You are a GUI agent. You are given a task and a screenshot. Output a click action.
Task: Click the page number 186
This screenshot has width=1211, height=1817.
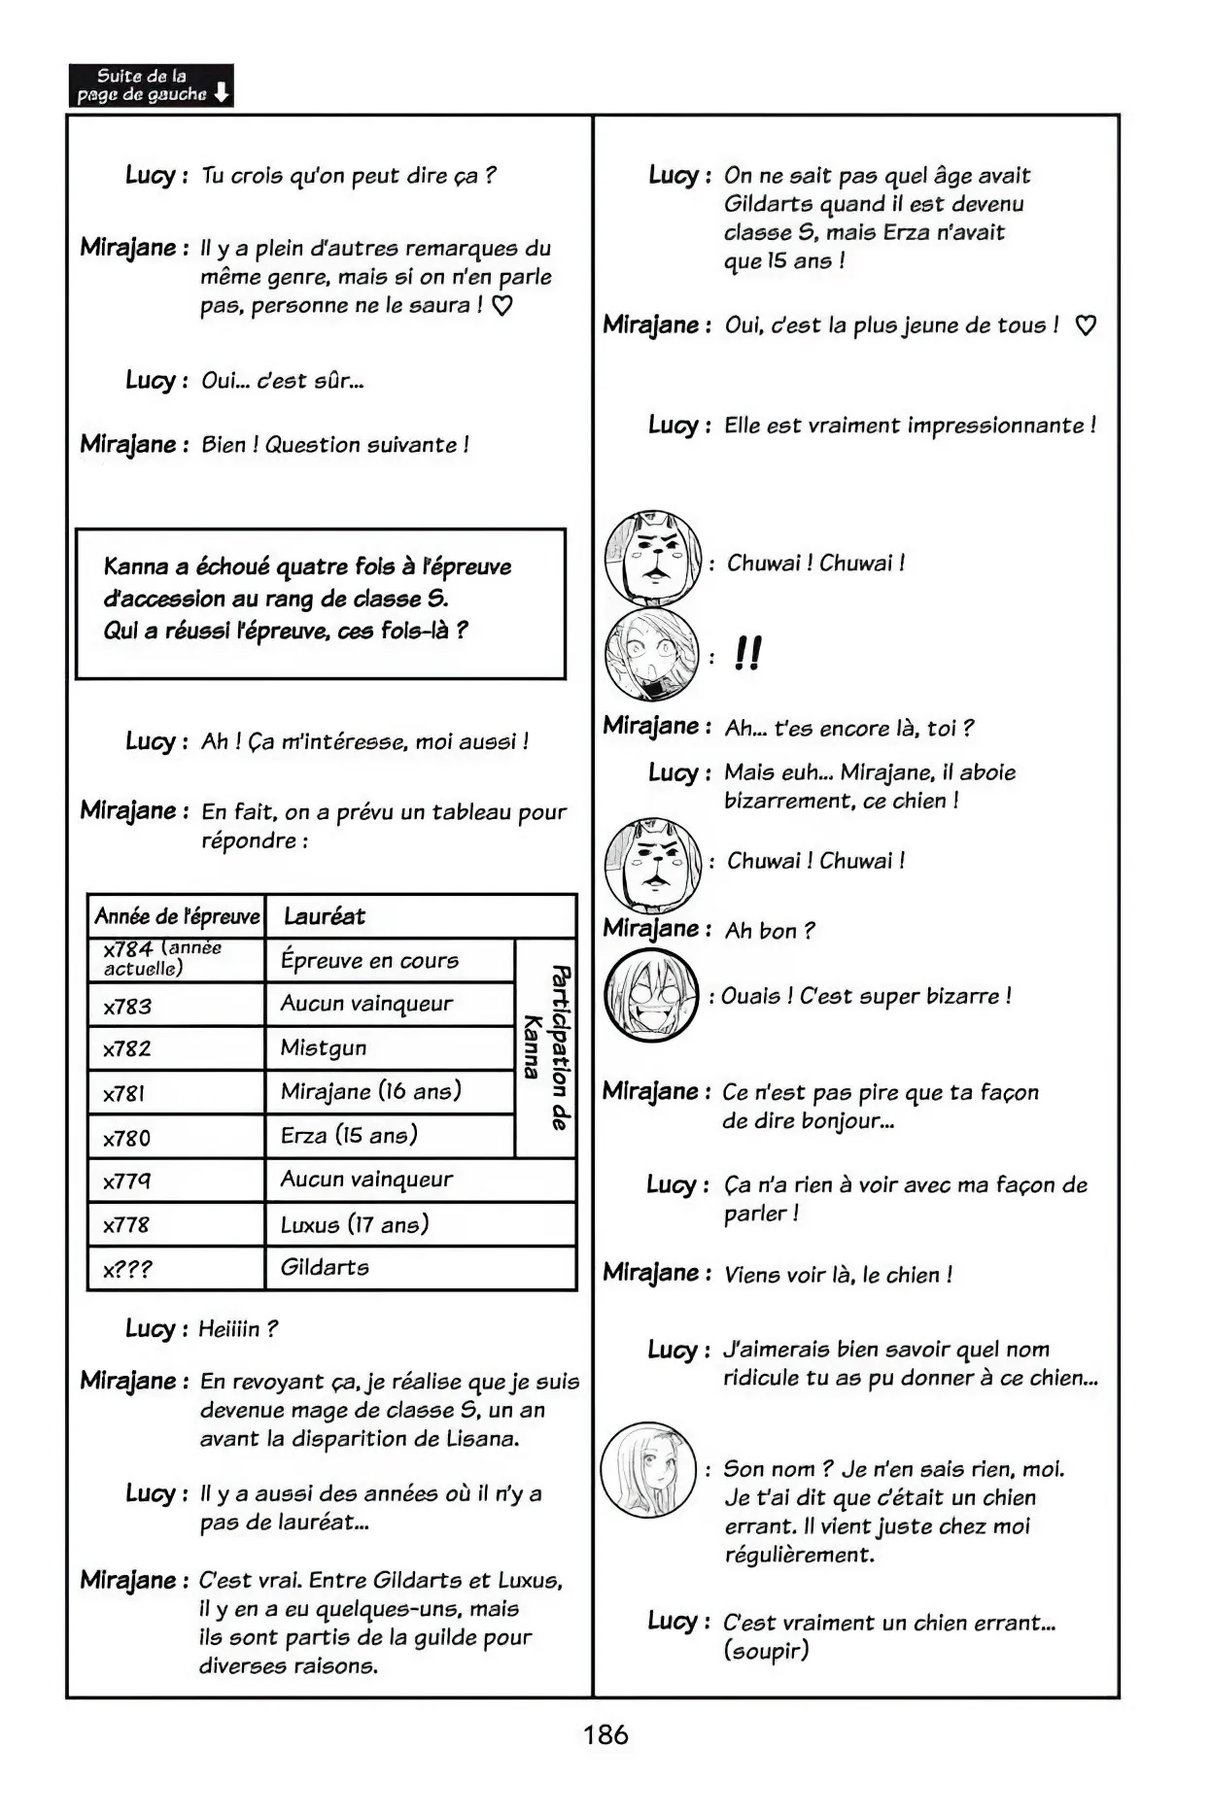tap(605, 1734)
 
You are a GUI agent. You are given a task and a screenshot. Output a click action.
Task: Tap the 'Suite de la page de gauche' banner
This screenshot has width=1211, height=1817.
tap(151, 86)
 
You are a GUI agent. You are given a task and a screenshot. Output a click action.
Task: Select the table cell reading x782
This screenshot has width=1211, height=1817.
tap(176, 1048)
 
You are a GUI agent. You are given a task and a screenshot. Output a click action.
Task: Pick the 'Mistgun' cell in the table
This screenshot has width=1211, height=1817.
tap(389, 1047)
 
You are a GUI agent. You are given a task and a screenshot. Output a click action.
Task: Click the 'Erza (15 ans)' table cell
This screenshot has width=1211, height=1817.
tap(389, 1135)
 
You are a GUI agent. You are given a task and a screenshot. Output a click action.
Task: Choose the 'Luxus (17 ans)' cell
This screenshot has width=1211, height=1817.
tap(420, 1224)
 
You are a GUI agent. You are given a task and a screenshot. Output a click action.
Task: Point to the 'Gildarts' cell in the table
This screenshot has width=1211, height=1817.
tap(420, 1267)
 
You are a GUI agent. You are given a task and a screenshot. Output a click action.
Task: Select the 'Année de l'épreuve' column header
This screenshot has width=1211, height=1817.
tap(177, 916)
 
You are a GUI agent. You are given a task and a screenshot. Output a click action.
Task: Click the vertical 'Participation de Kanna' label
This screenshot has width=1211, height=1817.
tap(546, 1046)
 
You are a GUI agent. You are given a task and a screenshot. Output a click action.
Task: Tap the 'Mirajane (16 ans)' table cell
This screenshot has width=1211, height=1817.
tap(389, 1091)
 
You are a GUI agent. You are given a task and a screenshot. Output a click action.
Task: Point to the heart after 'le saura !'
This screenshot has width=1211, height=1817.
tap(502, 306)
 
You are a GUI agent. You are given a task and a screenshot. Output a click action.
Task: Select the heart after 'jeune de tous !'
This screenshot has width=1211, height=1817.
tap(1086, 326)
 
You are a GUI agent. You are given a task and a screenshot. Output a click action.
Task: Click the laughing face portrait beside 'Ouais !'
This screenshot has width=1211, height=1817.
tap(651, 996)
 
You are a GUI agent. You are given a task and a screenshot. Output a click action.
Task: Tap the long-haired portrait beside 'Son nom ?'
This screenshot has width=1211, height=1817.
tap(648, 1469)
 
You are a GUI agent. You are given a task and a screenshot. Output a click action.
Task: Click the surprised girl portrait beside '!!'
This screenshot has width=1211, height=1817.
tap(651, 654)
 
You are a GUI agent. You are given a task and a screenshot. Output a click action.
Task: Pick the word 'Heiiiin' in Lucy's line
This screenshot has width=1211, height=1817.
tap(230, 1328)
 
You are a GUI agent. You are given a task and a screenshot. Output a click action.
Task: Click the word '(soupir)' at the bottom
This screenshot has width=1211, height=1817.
tap(766, 1650)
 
